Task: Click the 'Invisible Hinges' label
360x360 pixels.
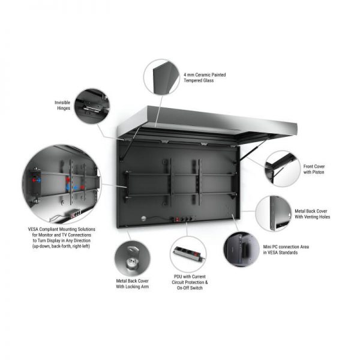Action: pos(62,106)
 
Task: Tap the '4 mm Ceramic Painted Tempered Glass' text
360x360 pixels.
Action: pos(205,77)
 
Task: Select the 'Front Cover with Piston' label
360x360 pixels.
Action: pos(314,169)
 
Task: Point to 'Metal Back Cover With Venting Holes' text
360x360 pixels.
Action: pos(312,214)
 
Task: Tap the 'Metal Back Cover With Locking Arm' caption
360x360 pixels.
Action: pos(132,284)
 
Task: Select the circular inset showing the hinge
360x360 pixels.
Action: pos(92,106)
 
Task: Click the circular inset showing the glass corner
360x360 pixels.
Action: pos(161,77)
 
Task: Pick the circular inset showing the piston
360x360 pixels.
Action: pos(282,169)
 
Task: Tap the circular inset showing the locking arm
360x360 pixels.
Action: pos(133,259)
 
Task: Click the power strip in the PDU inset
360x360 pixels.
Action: pos(187,253)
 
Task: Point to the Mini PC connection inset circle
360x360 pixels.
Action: pos(242,250)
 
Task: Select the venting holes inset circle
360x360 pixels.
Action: pos(274,214)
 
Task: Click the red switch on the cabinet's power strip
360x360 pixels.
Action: pos(177,220)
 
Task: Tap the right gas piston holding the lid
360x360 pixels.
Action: pos(253,151)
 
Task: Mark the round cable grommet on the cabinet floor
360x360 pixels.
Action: pos(144,218)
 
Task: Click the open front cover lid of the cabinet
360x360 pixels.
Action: pos(208,124)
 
